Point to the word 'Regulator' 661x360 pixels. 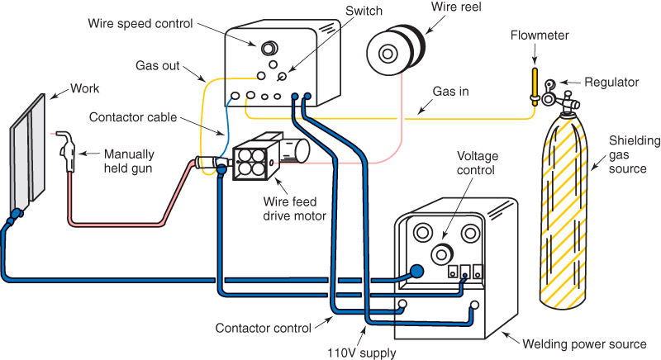click(x=612, y=83)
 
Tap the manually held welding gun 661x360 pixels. click(x=67, y=148)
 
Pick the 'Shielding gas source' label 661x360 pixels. click(x=632, y=155)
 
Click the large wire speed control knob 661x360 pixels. click(x=269, y=44)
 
